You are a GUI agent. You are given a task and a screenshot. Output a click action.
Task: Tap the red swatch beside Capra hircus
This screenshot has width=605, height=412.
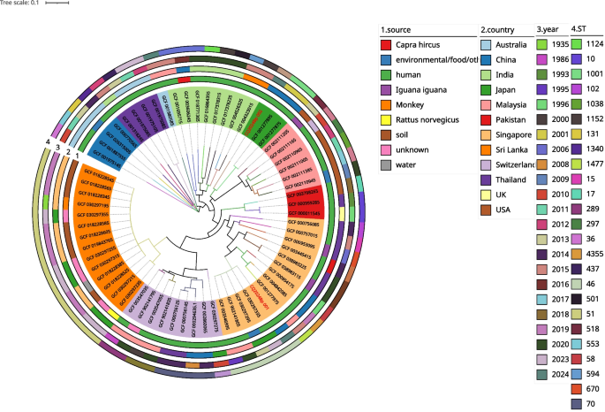click(387, 43)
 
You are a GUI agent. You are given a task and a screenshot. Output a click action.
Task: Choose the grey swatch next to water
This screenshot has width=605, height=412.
click(387, 164)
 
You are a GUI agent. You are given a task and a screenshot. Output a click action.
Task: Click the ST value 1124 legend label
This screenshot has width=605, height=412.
click(595, 43)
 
